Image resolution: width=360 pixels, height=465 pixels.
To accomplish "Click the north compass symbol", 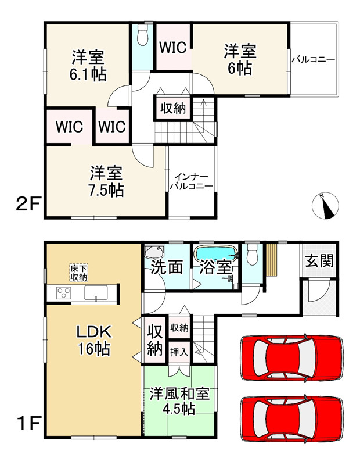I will click(326, 206).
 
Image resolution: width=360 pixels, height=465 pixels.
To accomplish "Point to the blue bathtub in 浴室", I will click(215, 254).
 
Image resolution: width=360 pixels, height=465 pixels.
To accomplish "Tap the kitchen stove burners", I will click(62, 293).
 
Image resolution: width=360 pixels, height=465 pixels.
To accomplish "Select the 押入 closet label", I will click(179, 351).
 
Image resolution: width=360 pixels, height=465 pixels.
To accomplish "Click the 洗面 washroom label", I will click(168, 268).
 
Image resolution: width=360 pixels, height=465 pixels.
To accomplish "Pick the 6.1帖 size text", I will click(88, 74).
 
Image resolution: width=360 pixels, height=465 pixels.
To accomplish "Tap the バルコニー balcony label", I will click(314, 59).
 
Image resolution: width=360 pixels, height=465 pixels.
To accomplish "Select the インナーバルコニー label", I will click(191, 181).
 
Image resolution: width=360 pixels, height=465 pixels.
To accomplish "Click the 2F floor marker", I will click(27, 205).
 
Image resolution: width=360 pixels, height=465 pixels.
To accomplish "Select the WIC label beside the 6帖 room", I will click(173, 47).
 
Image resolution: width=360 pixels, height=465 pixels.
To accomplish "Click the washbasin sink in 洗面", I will click(154, 252).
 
